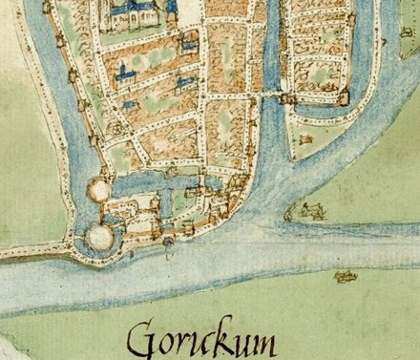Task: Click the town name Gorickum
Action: click(x=201, y=338)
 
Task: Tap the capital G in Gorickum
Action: click(x=143, y=338)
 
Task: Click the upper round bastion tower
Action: click(x=98, y=190)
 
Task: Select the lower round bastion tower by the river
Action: click(x=98, y=235)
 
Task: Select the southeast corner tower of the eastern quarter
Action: click(x=343, y=95)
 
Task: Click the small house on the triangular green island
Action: click(x=305, y=139)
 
